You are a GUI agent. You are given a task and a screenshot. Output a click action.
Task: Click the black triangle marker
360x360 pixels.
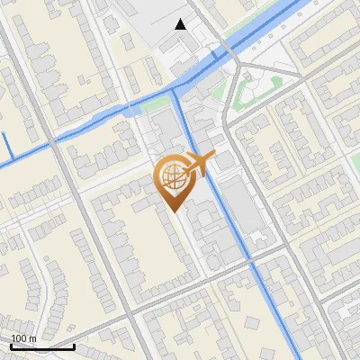point(182,24)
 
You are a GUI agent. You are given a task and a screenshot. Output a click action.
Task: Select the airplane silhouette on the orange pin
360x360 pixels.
point(196,164)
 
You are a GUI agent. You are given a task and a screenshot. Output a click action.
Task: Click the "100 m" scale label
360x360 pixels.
point(23,338)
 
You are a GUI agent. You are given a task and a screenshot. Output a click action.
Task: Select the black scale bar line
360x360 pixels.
point(42,346)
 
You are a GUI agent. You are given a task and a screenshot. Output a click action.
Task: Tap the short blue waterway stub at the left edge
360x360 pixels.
point(4,147)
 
